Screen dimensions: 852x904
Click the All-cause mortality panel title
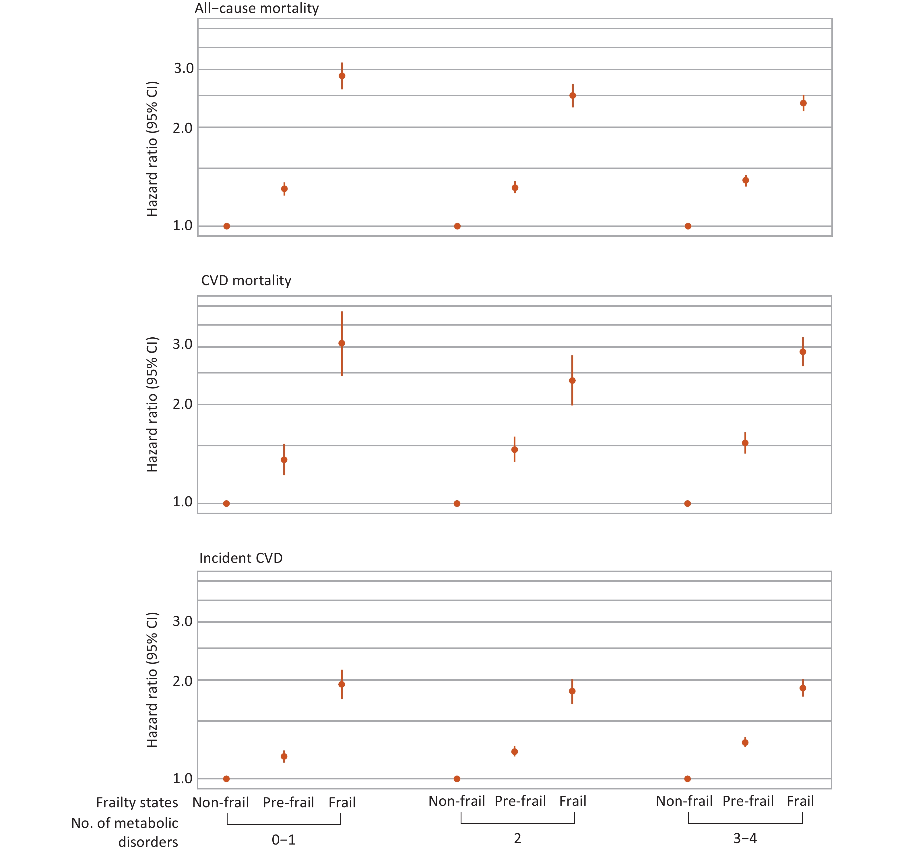click(257, 9)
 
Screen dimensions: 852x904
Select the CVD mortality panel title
click(246, 281)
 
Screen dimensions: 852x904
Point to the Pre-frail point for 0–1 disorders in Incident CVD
click(284, 756)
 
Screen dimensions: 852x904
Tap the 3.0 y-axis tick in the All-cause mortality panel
click(184, 69)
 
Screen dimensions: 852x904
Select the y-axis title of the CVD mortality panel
click(152, 405)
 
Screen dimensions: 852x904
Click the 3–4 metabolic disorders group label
click(745, 838)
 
